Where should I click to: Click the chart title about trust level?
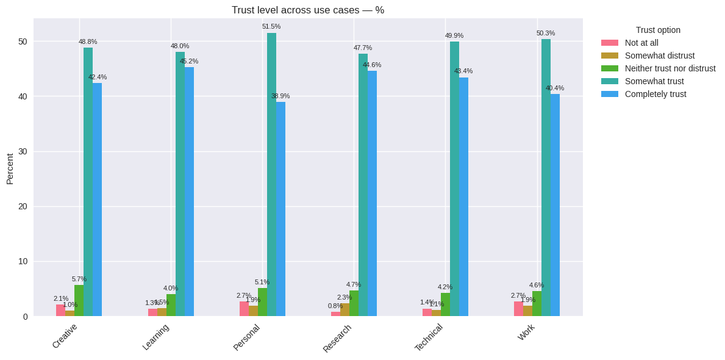(307, 10)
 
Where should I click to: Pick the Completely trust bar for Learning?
(189, 192)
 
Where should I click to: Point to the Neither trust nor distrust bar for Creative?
(79, 300)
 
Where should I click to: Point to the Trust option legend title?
(658, 30)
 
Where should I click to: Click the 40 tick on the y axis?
(23, 96)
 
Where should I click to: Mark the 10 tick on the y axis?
(23, 261)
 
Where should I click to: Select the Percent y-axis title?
(10, 168)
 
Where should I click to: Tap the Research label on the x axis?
(337, 338)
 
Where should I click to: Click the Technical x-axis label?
(429, 337)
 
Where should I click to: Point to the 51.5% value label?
(271, 26)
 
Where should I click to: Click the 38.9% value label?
(280, 96)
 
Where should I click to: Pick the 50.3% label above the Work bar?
(546, 33)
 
